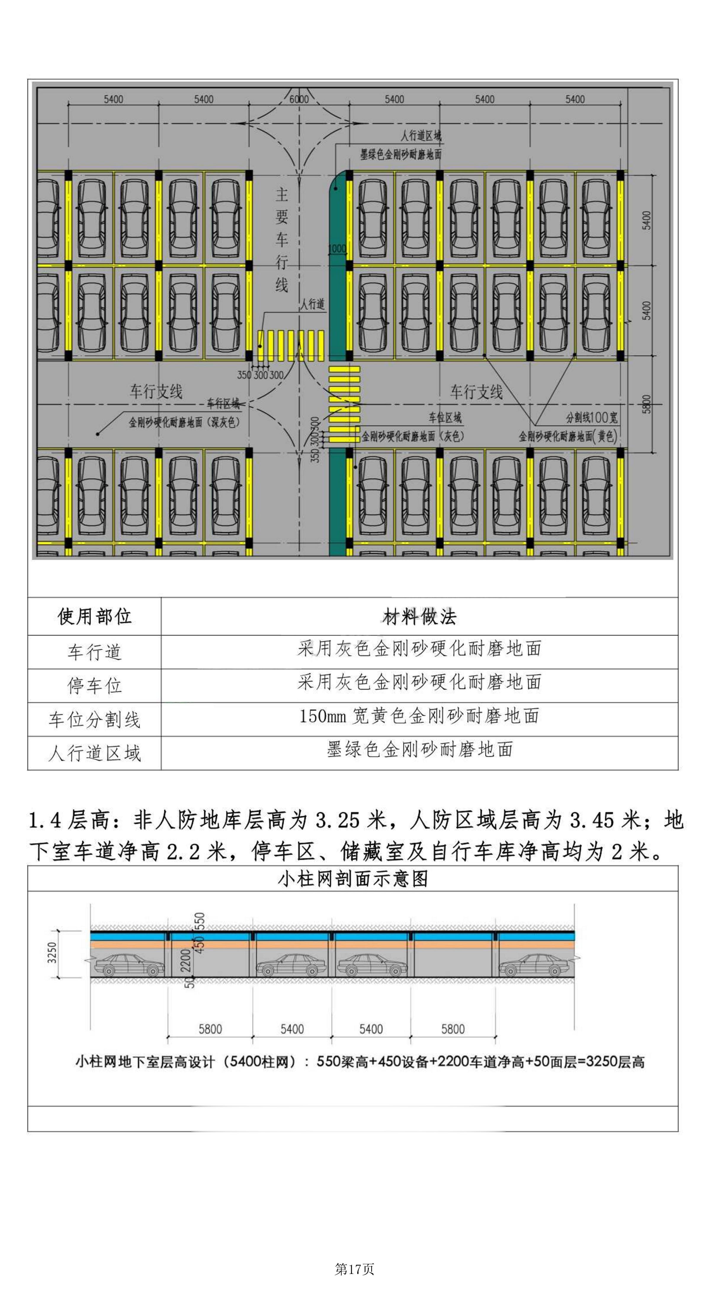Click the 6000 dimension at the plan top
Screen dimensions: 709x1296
pos(299,99)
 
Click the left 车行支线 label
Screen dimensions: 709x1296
pos(156,391)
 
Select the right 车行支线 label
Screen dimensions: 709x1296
pos(476,391)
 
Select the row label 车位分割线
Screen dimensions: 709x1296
pos(94,719)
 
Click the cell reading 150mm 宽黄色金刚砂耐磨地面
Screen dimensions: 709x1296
pos(419,716)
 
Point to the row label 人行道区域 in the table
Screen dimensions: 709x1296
pos(94,753)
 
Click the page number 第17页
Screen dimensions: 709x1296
pos(354,1269)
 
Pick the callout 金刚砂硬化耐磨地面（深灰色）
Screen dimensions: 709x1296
pos(184,422)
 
